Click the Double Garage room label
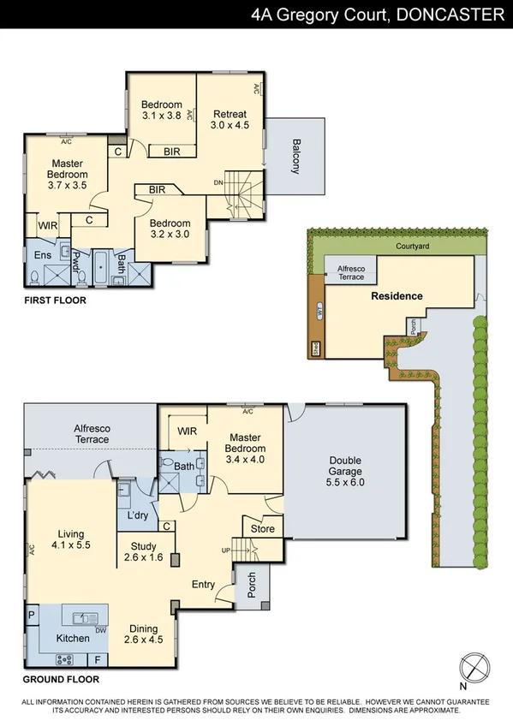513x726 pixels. click(x=346, y=471)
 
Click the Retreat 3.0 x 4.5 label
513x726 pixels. click(x=230, y=119)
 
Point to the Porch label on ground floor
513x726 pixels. click(x=251, y=586)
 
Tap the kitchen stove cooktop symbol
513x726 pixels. click(x=63, y=659)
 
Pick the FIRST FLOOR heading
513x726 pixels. click(x=56, y=301)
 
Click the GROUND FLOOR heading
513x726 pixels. click(x=62, y=679)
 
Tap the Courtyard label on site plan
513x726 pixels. click(x=413, y=246)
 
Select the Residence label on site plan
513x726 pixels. click(x=397, y=296)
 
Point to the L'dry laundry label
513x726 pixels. click(x=139, y=517)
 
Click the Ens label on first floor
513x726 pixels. click(x=43, y=255)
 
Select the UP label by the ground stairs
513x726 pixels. click(x=226, y=549)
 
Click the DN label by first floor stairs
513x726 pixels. click(x=218, y=183)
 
